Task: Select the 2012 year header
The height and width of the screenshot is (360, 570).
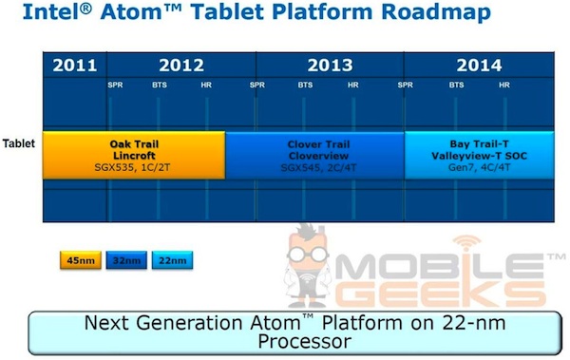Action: point(180,66)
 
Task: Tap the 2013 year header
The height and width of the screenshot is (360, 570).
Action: point(329,66)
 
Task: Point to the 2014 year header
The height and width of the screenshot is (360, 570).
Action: point(479,66)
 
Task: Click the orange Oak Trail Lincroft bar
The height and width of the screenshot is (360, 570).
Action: point(133,155)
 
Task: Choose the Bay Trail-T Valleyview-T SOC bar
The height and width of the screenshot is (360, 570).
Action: point(479,155)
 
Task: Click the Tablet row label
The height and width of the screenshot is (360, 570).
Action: point(18,144)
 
